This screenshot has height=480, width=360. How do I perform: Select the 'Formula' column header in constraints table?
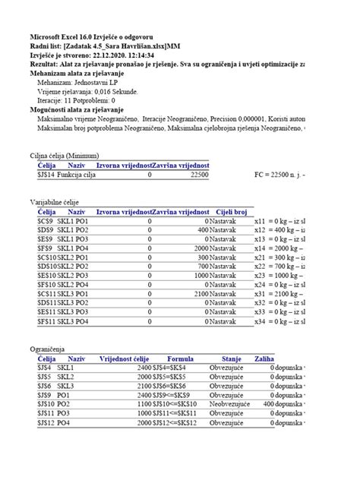tap(181, 357)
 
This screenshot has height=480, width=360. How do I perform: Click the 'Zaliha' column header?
tap(264, 357)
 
